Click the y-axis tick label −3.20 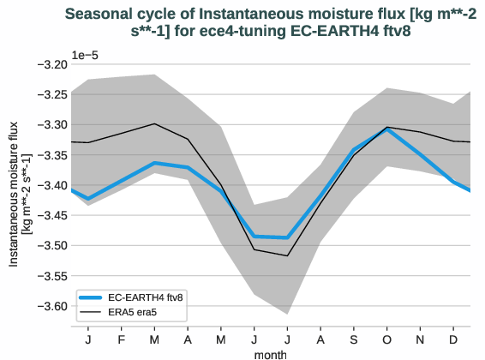[49, 64]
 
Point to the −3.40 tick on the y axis [49, 185]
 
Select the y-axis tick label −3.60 [49, 306]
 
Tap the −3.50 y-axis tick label [49, 246]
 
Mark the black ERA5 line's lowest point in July [288, 255]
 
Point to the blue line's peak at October [387, 129]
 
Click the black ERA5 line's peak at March [154, 123]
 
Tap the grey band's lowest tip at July [288, 314]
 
